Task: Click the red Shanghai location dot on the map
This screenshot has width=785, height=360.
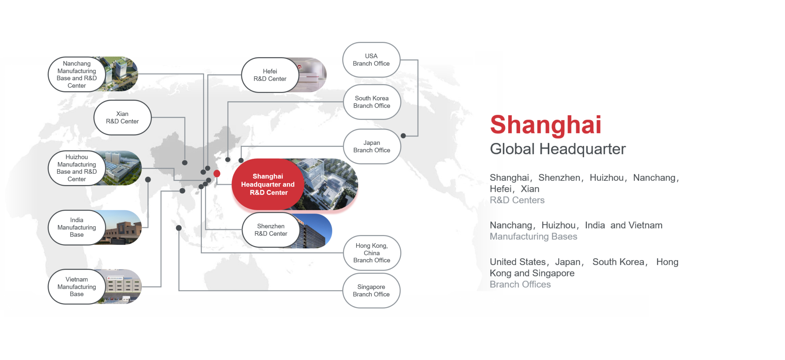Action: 217,173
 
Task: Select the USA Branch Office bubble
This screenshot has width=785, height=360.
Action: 371,60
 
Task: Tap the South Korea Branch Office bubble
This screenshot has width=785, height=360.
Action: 372,102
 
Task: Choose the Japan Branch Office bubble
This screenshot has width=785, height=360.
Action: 372,146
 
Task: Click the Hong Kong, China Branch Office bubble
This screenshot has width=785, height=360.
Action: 372,253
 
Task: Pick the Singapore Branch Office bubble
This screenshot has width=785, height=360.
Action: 371,290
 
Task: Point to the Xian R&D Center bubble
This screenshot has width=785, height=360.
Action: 122,117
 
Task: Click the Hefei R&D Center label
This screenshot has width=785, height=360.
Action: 270,75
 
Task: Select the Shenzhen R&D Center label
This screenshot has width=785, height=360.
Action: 271,230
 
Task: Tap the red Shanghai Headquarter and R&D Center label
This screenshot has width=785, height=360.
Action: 268,184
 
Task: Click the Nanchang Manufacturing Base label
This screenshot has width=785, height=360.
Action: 77,74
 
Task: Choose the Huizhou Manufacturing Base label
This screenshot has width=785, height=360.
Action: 77,168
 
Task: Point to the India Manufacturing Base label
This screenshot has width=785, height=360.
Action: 77,227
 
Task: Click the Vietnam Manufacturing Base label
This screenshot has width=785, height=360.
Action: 77,287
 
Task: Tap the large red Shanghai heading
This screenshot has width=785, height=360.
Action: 545,125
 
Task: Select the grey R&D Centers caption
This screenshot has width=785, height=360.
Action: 517,200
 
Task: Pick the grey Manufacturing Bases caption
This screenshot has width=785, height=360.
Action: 534,236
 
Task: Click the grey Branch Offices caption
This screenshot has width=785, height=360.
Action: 520,284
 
